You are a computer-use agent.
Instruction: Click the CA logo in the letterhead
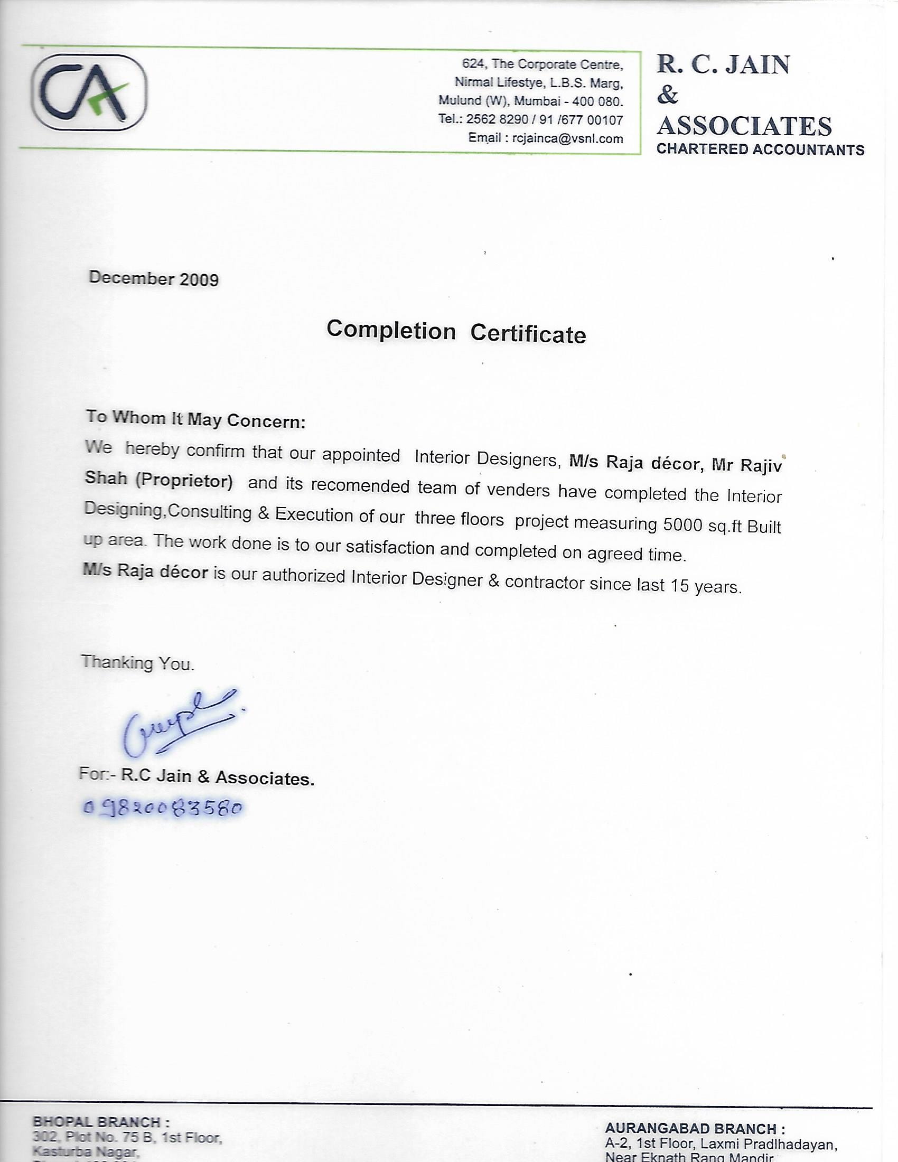89,92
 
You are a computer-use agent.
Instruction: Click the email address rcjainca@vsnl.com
567,139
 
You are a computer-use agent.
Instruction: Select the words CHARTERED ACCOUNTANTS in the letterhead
760,149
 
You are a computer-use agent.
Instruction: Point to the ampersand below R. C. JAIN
668,95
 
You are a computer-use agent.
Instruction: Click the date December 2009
154,278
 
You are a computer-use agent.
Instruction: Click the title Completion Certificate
456,332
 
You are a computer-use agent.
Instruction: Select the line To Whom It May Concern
196,419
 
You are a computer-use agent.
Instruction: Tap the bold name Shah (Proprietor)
158,480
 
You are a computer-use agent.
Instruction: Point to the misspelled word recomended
360,486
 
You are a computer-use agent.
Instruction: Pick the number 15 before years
679,585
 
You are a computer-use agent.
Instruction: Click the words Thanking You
138,662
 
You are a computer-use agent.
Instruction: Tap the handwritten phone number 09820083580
163,808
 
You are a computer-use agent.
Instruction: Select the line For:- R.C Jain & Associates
197,776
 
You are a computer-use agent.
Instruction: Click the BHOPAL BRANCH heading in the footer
101,1122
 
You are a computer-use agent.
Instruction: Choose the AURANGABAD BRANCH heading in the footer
694,1129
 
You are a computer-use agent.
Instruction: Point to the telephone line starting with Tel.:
530,120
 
